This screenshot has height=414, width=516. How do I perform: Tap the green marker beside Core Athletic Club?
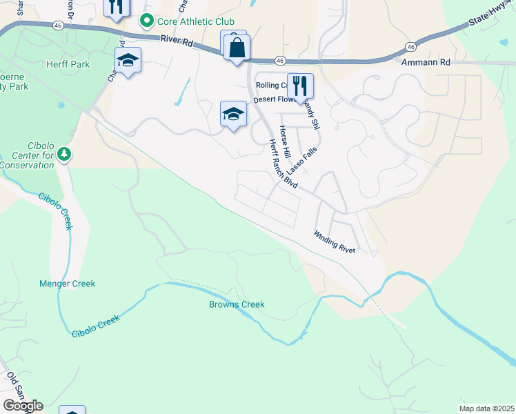(x=146, y=21)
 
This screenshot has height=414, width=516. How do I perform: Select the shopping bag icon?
(x=237, y=48)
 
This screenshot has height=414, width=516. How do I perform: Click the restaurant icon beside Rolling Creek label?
(x=299, y=86)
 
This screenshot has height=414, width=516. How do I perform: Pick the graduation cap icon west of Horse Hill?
(x=233, y=114)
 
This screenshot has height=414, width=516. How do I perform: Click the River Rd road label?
(x=175, y=41)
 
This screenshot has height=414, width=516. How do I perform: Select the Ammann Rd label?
(x=425, y=62)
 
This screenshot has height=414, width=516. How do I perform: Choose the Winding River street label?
(x=335, y=241)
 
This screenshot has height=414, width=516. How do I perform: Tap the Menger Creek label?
(x=67, y=284)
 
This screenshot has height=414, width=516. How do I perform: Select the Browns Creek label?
(x=237, y=304)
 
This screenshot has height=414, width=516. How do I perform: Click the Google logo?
(x=23, y=406)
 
